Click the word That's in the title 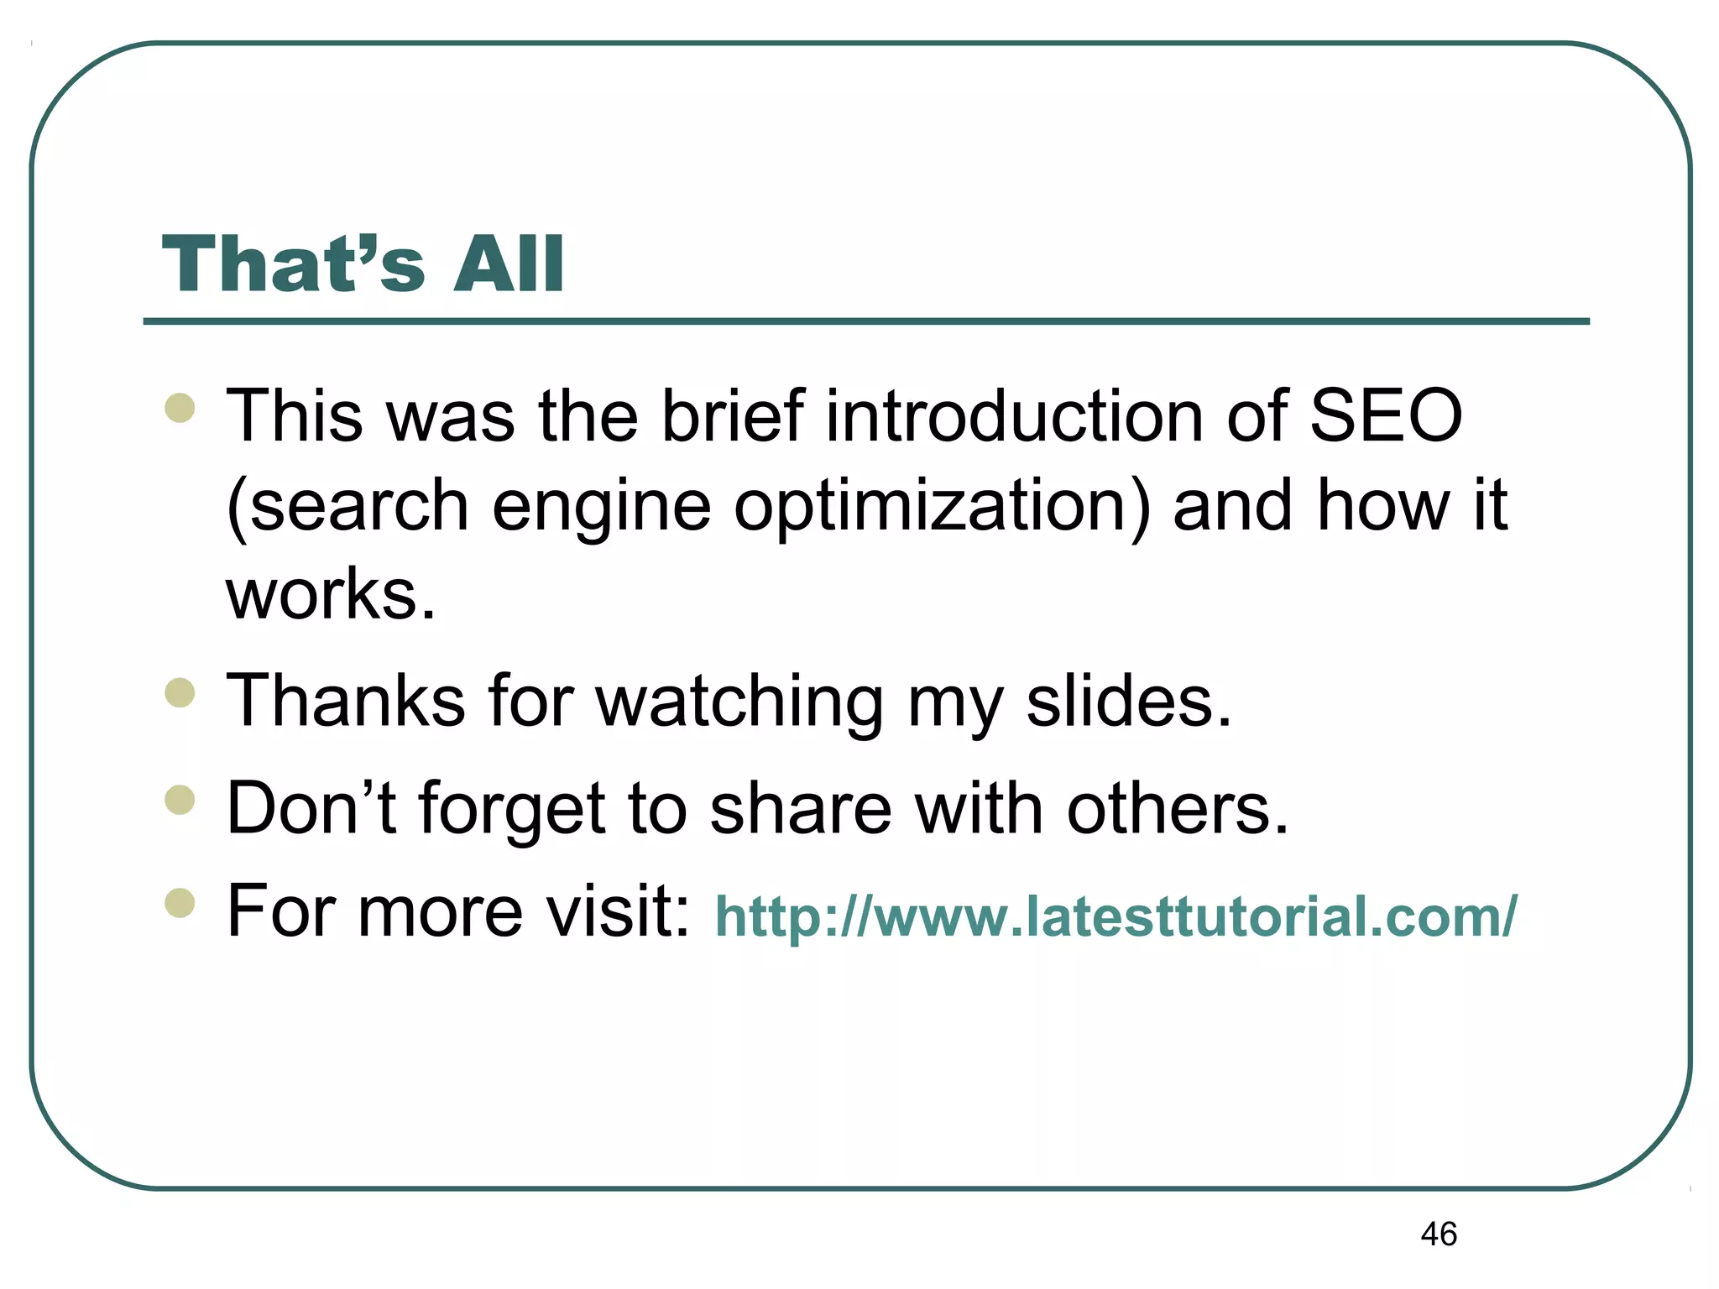point(293,264)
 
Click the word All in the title point(508,264)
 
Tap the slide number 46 point(1439,1234)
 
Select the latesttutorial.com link point(1116,916)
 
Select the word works point(331,593)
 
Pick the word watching point(739,702)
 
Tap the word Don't point(311,807)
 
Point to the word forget point(512,809)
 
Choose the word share point(801,807)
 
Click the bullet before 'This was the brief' point(180,409)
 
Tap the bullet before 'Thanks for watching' point(180,693)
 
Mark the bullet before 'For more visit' point(180,904)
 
